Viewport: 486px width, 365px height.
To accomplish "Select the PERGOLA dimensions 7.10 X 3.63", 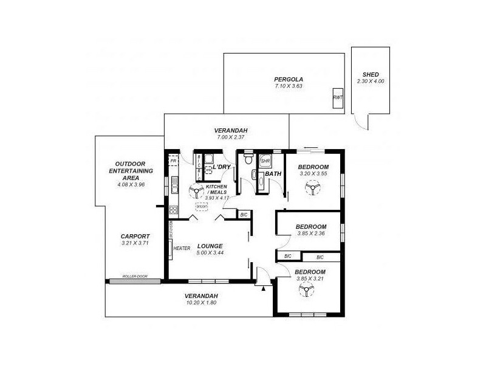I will [x=288, y=86].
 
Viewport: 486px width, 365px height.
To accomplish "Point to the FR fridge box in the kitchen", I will [x=173, y=161].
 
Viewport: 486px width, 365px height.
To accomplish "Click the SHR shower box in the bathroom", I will [x=265, y=161].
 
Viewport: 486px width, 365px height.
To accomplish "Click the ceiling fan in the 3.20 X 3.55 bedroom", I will [x=313, y=190].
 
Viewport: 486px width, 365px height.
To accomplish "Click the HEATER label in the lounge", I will [x=182, y=248].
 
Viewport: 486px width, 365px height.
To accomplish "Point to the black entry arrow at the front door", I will [x=263, y=289].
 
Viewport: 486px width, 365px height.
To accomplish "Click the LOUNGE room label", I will [x=210, y=246].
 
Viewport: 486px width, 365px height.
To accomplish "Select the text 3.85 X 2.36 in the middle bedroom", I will [x=312, y=233].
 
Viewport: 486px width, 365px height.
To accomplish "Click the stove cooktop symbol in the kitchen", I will [x=173, y=210].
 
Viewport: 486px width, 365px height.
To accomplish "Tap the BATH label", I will [x=272, y=174].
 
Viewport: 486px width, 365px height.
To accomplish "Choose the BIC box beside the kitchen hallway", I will [x=244, y=215].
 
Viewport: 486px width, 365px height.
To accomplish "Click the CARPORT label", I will [x=135, y=236].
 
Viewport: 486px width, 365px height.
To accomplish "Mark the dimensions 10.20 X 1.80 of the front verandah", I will [x=200, y=302].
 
